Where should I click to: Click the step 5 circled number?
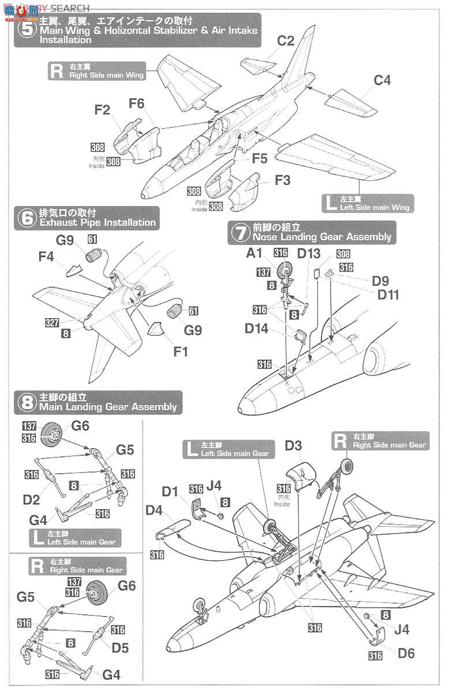tap(27, 30)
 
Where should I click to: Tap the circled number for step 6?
tap(26, 218)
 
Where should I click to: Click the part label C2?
tap(285, 41)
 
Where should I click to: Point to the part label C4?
tap(382, 80)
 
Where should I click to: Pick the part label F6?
tap(137, 103)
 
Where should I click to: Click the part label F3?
tap(282, 180)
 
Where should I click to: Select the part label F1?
tap(181, 351)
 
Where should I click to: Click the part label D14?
tap(257, 328)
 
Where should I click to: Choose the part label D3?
tap(293, 446)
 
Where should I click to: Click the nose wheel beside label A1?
tap(286, 270)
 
